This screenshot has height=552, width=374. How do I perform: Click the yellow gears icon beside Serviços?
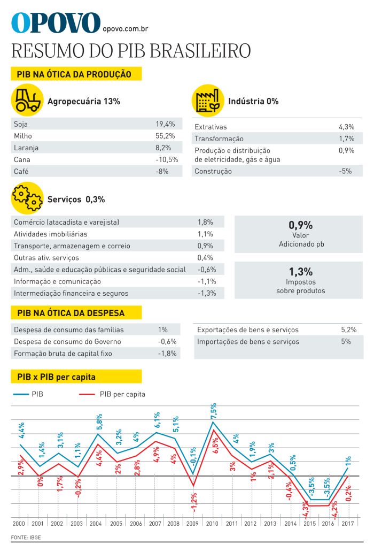coord(27,198)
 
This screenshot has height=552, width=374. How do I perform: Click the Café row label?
coord(21,171)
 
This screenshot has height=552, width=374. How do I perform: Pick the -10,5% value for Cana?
coord(166,159)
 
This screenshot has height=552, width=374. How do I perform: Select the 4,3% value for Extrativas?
coord(346,127)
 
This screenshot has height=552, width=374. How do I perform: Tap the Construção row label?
coord(213,171)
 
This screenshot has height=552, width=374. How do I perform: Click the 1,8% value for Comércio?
coord(205,222)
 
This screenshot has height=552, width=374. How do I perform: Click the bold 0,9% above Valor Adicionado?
coord(300,225)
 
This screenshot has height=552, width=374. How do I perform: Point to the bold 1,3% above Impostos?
coord(300,271)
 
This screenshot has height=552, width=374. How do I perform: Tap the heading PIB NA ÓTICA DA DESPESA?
coord(71,313)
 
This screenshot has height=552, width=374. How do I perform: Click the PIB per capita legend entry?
coord(122,394)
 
